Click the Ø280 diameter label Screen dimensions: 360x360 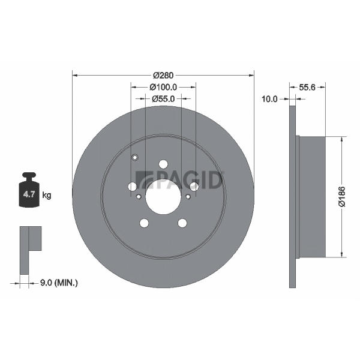click(163, 75)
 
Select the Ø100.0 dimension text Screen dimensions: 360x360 click(163, 87)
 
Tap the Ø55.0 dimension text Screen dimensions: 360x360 click(163, 99)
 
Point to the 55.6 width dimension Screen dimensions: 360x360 click(307, 87)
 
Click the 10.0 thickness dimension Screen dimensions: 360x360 click(269, 99)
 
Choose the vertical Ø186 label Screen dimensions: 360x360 click(342, 197)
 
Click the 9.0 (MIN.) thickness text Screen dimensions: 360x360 click(59, 283)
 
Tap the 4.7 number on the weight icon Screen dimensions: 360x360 click(29, 194)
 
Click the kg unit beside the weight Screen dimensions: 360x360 click(47, 196)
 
